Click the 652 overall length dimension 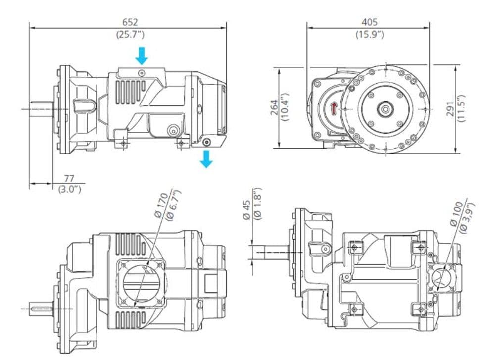[130, 22]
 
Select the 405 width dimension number [369, 22]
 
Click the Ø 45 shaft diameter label [246, 209]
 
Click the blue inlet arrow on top [142, 55]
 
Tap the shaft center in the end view [384, 108]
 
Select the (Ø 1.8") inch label [257, 203]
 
